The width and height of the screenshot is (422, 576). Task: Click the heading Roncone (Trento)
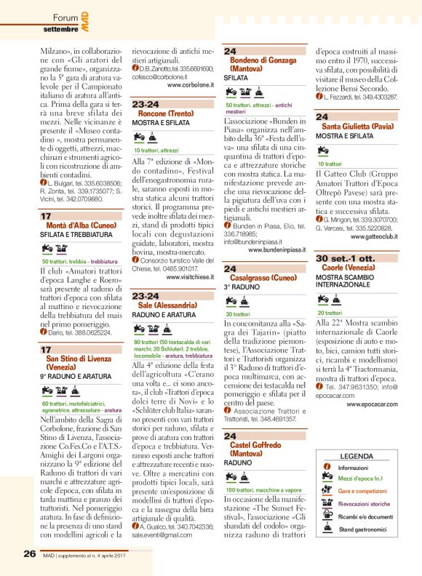tap(167, 114)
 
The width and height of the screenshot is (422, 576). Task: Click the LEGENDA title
tap(357, 456)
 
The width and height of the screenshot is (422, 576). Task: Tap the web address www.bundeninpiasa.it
tap(276, 249)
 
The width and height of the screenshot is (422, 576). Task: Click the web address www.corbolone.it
tap(190, 84)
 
